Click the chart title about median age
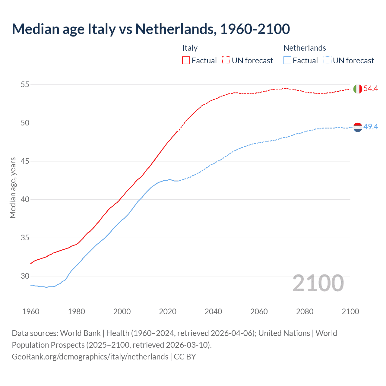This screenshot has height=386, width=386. tap(151, 29)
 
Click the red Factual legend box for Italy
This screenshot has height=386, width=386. tap(186, 61)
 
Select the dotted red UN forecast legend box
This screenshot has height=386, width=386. tap(226, 61)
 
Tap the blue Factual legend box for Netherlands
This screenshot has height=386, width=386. tap(287, 61)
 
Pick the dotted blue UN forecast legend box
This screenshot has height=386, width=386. tap(327, 61)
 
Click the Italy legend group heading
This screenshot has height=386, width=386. tap(190, 48)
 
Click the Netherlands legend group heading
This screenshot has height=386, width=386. tap(305, 48)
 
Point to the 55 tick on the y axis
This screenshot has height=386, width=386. tap(25, 84)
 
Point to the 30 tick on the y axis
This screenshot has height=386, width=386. tap(25, 276)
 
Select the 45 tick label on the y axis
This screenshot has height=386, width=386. tap(25, 161)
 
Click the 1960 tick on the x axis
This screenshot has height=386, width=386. tap(31, 312)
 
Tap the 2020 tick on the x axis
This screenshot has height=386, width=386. tap(168, 312)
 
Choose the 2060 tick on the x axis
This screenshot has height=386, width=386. tap(259, 312)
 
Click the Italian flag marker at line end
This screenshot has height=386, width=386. tap(358, 89)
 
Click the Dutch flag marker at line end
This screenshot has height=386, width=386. tap(358, 127)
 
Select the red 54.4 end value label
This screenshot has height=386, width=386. tap(371, 89)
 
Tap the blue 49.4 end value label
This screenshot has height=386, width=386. tap(371, 127)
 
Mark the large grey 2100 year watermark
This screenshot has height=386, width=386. tap(318, 283)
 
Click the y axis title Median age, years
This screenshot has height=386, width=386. tap(13, 188)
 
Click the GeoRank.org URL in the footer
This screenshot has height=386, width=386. tap(90, 357)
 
